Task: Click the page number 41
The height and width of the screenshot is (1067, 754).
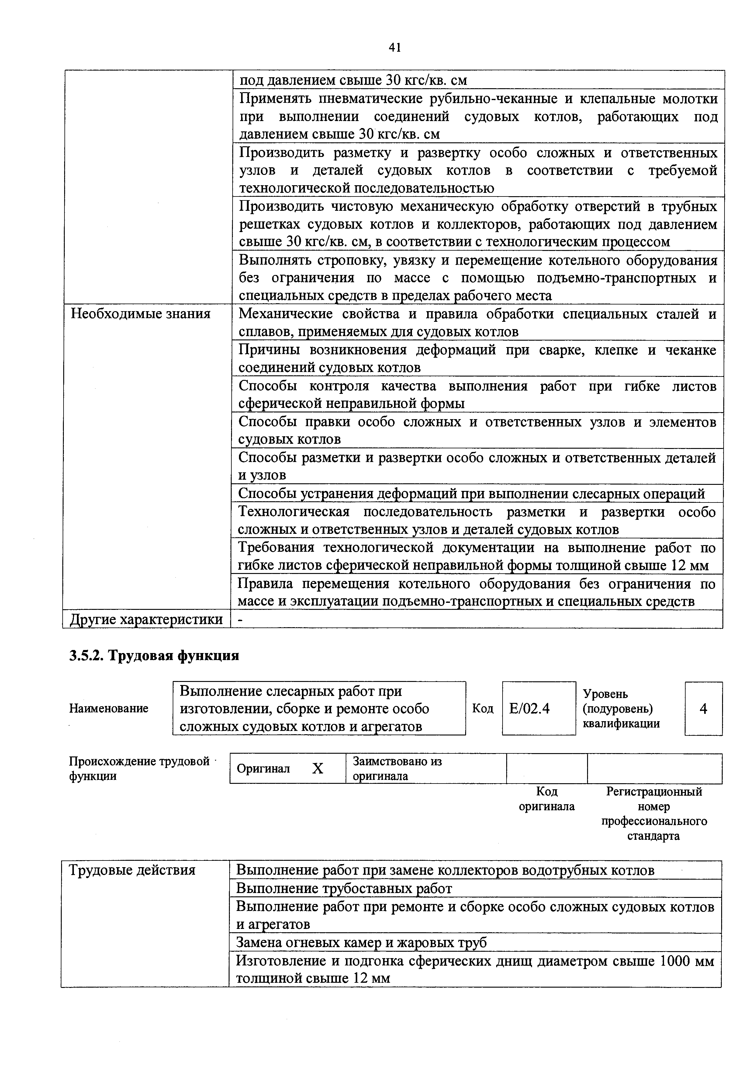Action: [x=394, y=47]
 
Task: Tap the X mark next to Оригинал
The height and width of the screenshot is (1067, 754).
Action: [x=317, y=769]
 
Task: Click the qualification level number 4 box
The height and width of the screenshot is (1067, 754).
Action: [x=703, y=709]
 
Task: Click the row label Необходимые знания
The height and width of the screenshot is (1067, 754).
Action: [x=140, y=314]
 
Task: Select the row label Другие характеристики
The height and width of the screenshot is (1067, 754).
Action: [x=146, y=620]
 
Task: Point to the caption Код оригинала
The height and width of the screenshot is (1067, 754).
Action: [x=546, y=799]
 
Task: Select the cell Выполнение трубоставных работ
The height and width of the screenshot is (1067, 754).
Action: [x=344, y=888]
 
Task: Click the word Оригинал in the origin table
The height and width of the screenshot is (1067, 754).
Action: [x=263, y=769]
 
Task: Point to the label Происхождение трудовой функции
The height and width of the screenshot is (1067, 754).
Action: [x=139, y=769]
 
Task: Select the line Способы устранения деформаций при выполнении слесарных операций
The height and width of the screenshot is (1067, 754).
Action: [x=471, y=493]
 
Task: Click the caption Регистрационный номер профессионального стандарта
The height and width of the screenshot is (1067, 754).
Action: [x=654, y=813]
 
